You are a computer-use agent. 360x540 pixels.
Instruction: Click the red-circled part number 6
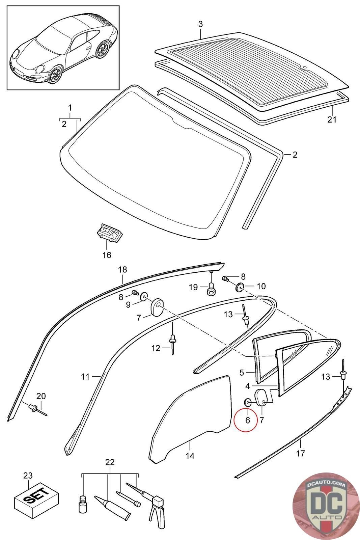pos(248,420)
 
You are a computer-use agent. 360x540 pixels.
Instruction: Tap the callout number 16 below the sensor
pos(107,255)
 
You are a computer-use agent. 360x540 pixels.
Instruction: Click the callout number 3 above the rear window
pos(200,24)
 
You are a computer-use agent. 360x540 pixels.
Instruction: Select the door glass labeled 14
pos(189,418)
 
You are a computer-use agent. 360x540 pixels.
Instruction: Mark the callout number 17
pos(300,453)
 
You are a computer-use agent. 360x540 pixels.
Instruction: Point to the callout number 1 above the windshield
pos(70,108)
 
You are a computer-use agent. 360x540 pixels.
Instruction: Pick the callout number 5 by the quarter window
pos(242,373)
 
